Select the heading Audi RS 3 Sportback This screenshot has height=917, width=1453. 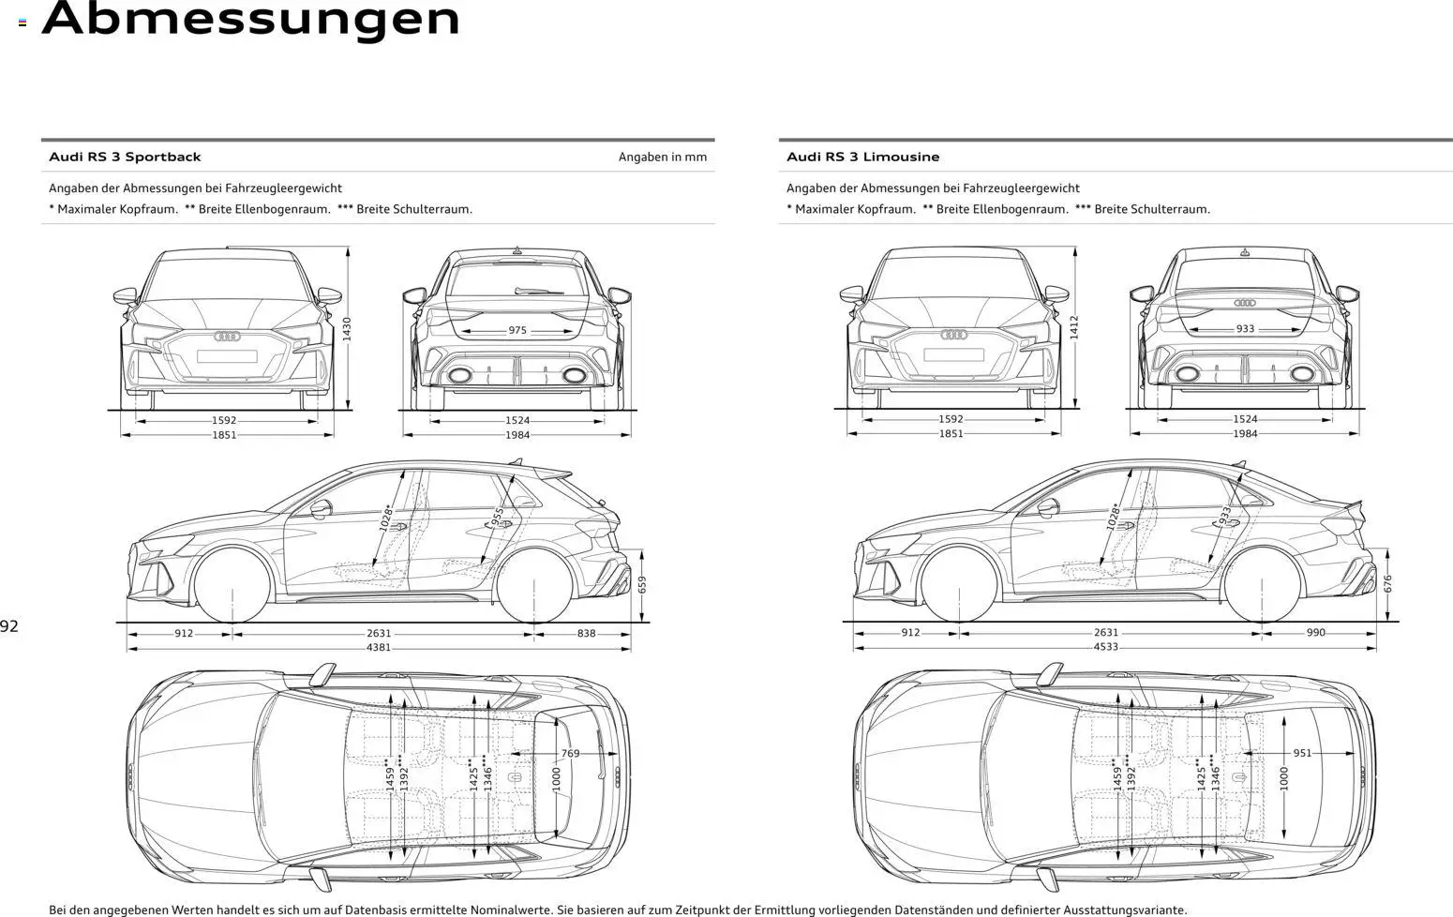(125, 157)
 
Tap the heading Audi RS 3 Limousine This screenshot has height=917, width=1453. (862, 157)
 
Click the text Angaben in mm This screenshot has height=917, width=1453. (662, 157)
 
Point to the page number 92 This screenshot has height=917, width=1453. (9, 626)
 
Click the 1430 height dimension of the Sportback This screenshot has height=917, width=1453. (347, 328)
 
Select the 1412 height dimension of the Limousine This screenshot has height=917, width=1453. (1074, 327)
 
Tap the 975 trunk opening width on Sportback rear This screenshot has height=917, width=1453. (517, 330)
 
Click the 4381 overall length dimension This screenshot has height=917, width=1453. (379, 647)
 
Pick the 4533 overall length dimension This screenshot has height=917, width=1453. (1106, 646)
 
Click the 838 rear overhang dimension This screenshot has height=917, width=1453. (586, 633)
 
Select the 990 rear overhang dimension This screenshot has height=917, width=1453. (1316, 633)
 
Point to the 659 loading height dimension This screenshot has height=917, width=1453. (642, 584)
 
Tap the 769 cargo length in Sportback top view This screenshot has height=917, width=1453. (570, 753)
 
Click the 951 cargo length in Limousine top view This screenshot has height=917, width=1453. (1302, 753)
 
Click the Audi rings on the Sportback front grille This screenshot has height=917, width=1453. (227, 336)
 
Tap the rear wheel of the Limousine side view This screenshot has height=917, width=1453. (1263, 582)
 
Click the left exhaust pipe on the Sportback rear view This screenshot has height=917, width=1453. (459, 375)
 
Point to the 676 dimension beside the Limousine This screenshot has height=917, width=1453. (1388, 583)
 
